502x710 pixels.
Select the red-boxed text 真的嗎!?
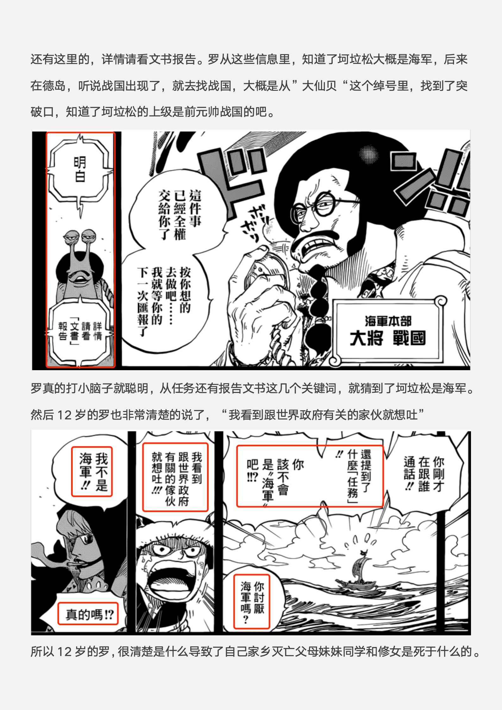pyautogui.click(x=88, y=614)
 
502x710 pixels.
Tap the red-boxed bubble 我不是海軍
pyautogui.click(x=92, y=471)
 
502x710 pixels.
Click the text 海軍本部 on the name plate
pyautogui.click(x=388, y=321)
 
